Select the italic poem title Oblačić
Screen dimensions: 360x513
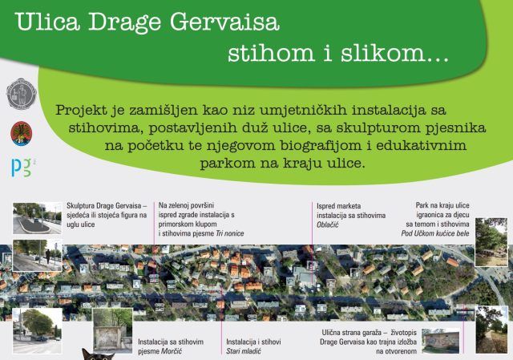(330, 225)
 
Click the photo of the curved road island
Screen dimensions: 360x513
(36, 218)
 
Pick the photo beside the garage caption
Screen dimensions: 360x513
(441, 341)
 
